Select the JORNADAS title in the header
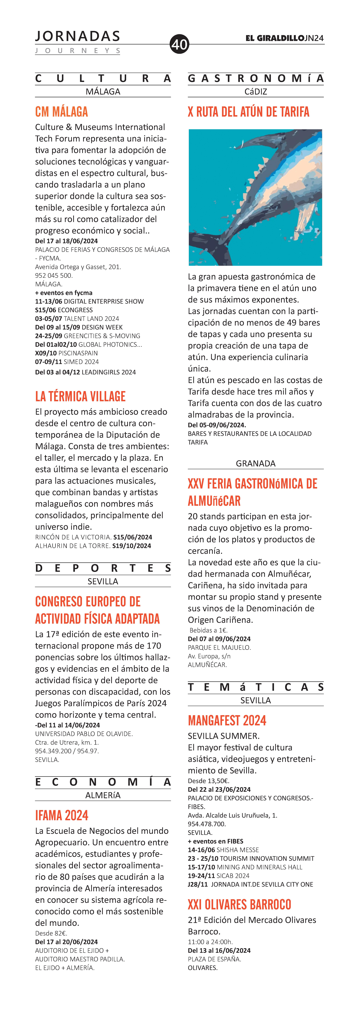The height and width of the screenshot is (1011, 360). click(77, 36)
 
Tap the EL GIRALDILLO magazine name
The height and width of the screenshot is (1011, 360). click(275, 38)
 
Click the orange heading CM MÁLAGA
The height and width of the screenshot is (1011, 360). click(62, 112)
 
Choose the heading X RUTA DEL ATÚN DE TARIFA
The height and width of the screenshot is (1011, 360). click(248, 112)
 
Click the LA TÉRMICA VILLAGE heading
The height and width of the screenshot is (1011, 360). click(81, 396)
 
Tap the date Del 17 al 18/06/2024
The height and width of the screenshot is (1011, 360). click(66, 241)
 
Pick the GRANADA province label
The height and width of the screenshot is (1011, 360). click(256, 464)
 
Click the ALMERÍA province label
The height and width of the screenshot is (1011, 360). click(103, 795)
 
